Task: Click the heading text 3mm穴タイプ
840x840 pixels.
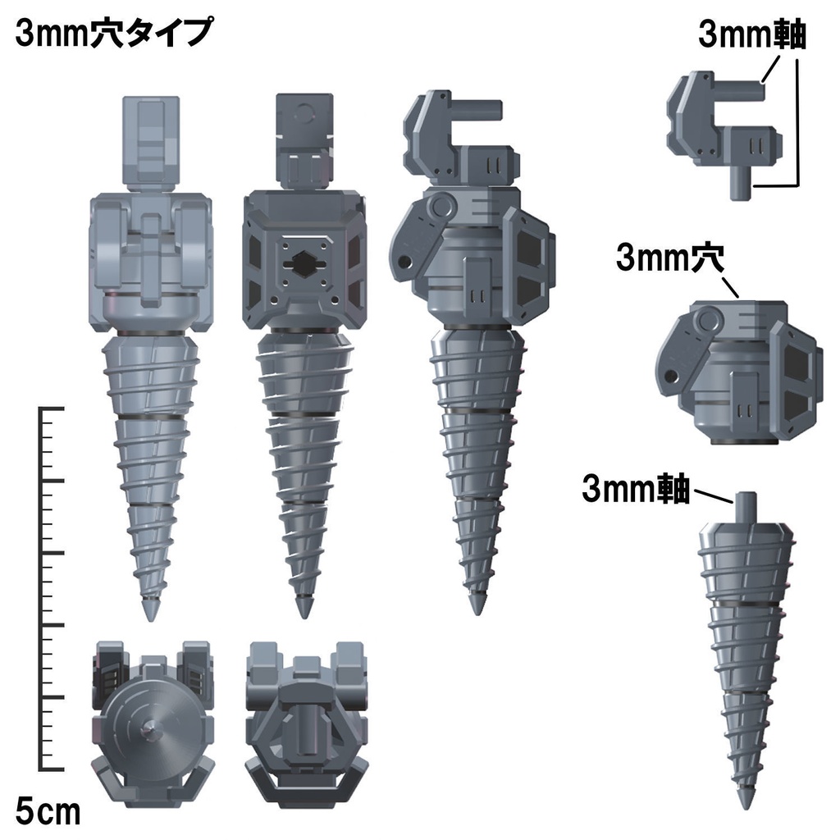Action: point(114,35)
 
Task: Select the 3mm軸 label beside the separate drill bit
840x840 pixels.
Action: point(636,489)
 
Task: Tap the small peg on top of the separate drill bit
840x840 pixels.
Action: point(746,504)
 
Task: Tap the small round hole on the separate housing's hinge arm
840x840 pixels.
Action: point(674,377)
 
